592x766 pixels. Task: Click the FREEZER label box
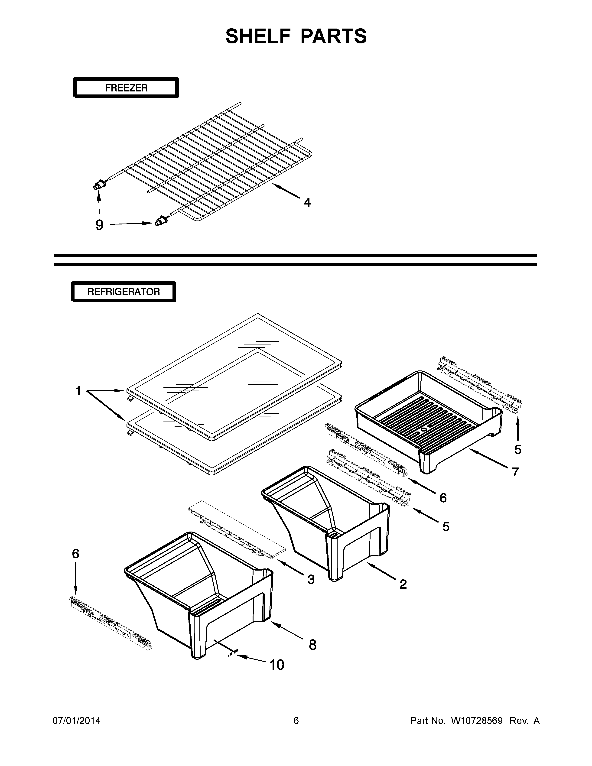pyautogui.click(x=126, y=88)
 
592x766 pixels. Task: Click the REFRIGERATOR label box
pyautogui.click(x=124, y=292)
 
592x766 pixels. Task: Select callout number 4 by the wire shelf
pyautogui.click(x=307, y=202)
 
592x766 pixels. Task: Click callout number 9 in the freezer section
pyautogui.click(x=100, y=225)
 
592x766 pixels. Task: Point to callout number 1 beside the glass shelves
pyautogui.click(x=78, y=391)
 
